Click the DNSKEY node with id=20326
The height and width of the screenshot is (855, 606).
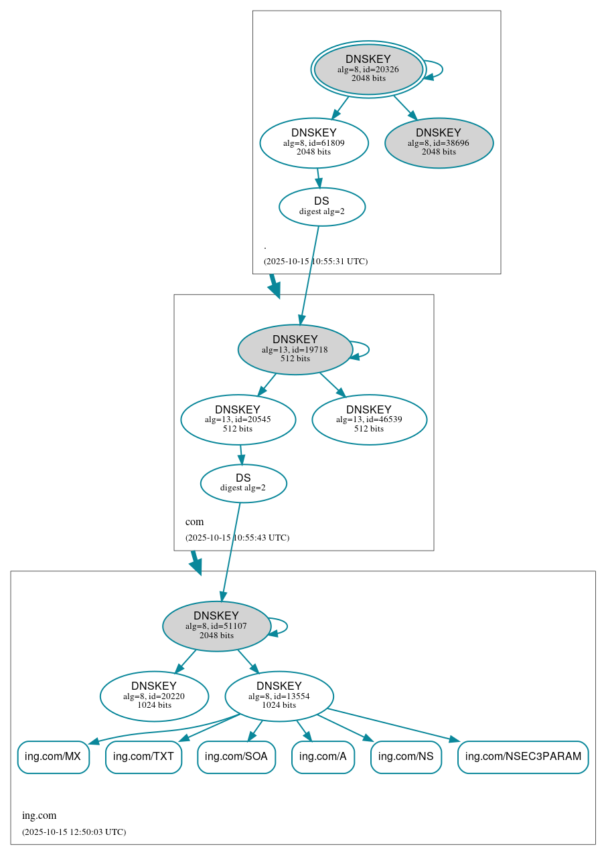click(x=368, y=69)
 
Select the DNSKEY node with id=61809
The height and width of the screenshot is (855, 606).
click(x=314, y=142)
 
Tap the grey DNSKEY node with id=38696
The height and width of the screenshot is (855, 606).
click(x=439, y=142)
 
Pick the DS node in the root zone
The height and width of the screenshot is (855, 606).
click(x=322, y=207)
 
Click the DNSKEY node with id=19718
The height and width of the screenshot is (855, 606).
click(x=295, y=349)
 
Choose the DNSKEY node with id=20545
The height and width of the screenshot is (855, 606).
click(x=238, y=419)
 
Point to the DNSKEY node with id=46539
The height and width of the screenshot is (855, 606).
click(x=369, y=419)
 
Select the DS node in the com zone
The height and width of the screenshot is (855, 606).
click(x=243, y=483)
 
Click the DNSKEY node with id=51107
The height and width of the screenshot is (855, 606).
click(x=216, y=626)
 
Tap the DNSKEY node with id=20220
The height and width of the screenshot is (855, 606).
click(x=154, y=696)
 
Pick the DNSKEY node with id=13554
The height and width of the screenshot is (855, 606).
click(x=279, y=696)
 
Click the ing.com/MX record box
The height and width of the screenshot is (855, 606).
click(x=53, y=757)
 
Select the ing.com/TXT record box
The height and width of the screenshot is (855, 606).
click(x=143, y=757)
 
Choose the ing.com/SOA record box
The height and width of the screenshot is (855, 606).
click(x=236, y=757)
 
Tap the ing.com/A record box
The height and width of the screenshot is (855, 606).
click(x=323, y=757)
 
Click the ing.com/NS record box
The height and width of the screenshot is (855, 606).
click(x=406, y=757)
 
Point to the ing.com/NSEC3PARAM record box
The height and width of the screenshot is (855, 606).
click(x=523, y=757)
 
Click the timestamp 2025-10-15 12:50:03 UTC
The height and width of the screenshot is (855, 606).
click(x=74, y=832)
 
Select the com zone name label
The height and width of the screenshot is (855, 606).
click(x=194, y=522)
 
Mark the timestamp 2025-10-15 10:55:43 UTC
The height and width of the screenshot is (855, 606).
click(x=237, y=538)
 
